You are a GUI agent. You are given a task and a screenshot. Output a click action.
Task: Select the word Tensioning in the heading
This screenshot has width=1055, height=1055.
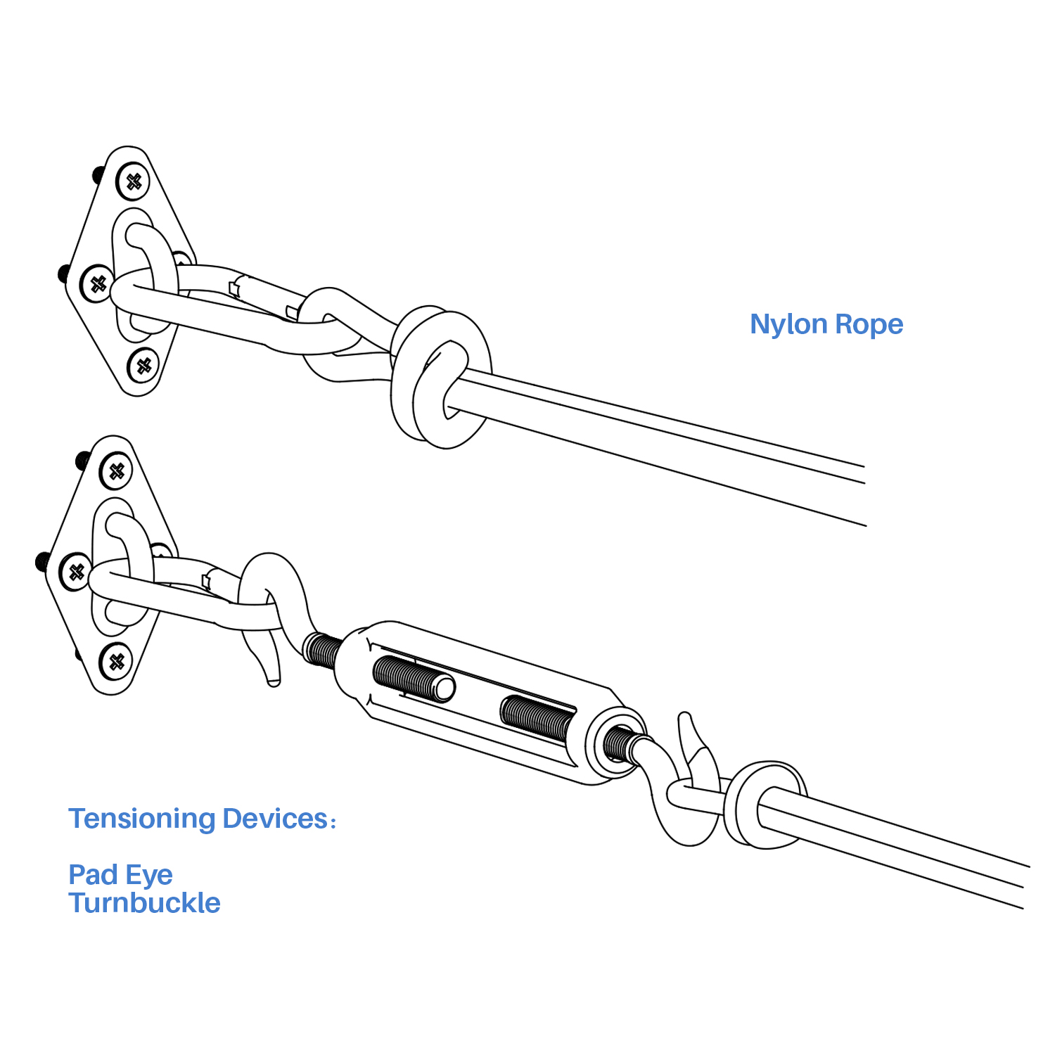point(141,819)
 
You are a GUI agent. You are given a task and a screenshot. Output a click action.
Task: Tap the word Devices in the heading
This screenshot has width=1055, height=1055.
point(275,819)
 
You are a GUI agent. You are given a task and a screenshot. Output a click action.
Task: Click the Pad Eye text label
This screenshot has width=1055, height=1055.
point(120,875)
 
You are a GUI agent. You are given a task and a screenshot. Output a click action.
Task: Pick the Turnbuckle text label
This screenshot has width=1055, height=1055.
point(144,903)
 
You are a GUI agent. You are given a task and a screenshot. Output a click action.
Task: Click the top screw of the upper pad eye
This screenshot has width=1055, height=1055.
point(133,181)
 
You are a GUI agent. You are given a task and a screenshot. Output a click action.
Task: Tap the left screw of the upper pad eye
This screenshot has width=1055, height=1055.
point(98,284)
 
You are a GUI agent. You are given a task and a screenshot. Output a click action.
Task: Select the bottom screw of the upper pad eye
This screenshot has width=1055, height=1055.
point(143,366)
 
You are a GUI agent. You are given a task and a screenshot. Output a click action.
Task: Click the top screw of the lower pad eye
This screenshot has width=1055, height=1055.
point(116,471)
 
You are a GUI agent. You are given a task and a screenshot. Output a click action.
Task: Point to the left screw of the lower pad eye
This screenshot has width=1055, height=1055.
point(76,572)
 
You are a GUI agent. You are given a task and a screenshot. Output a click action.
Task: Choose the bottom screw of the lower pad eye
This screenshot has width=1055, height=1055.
point(116,662)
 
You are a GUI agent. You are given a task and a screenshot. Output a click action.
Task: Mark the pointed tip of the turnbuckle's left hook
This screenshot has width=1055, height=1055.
point(273,680)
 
